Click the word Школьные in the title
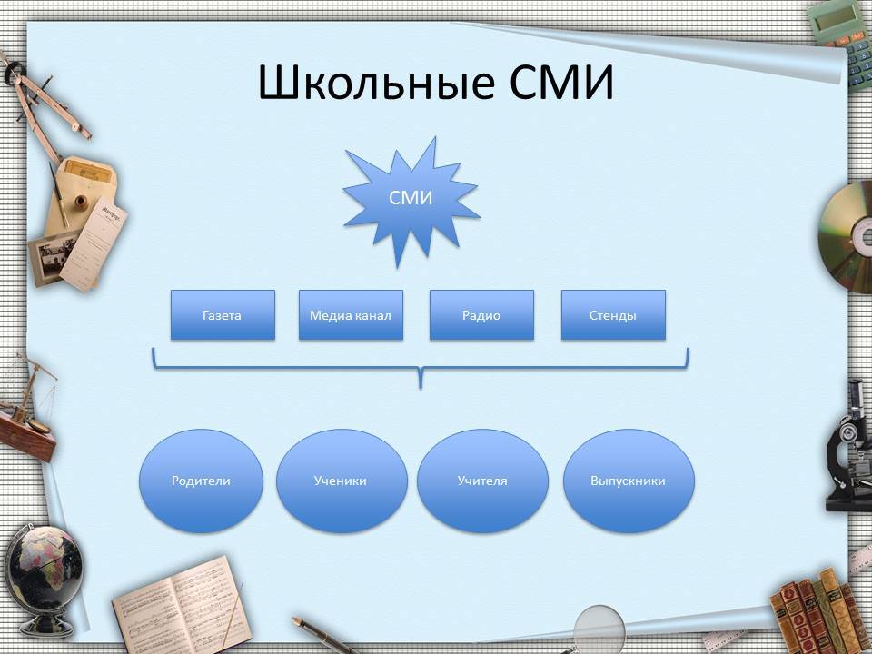376,82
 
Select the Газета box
223,315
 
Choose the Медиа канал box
351,315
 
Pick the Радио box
481,315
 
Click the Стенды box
613,315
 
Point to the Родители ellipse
201,481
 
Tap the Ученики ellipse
342,481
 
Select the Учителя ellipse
482,481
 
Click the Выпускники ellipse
629,481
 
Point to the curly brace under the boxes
421,368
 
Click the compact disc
846,237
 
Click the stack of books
817,611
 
